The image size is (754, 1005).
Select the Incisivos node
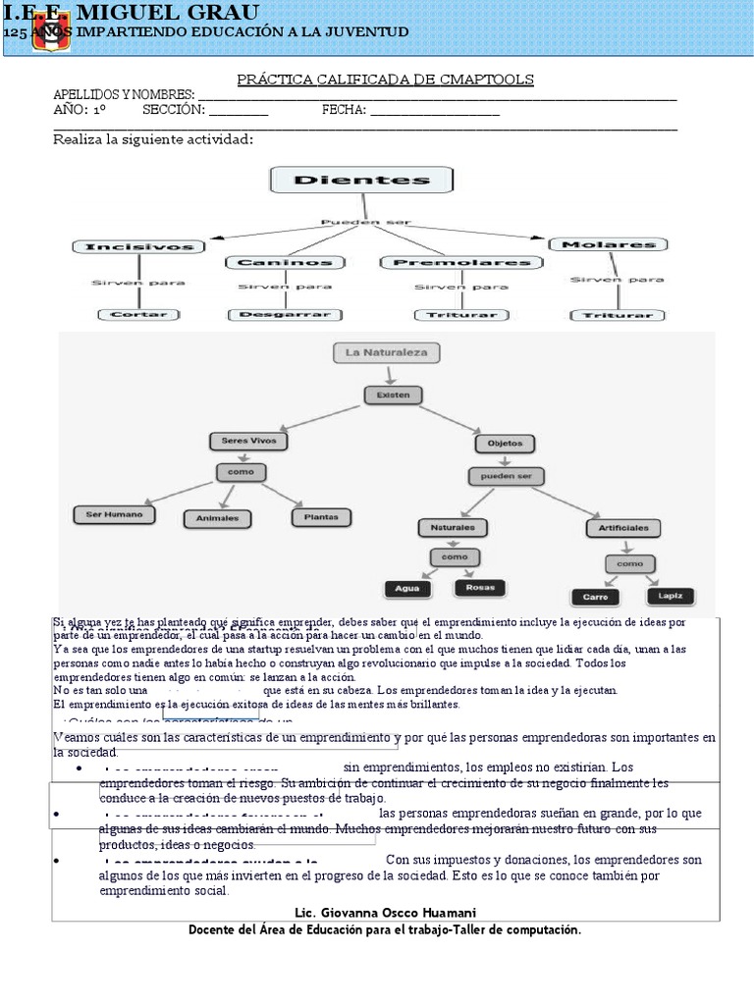point(138,245)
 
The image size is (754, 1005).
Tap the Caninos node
point(287,262)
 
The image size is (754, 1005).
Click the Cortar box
point(138,314)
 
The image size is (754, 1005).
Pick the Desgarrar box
point(287,315)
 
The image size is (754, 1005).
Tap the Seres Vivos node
point(248,441)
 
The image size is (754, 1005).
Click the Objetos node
point(506,443)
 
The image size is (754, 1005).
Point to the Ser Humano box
point(115,514)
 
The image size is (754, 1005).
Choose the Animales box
point(217,517)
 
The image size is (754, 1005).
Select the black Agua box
point(406,589)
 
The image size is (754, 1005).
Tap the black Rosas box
point(480,588)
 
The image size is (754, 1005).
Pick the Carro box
point(595,596)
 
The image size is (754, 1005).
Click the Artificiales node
point(623,527)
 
